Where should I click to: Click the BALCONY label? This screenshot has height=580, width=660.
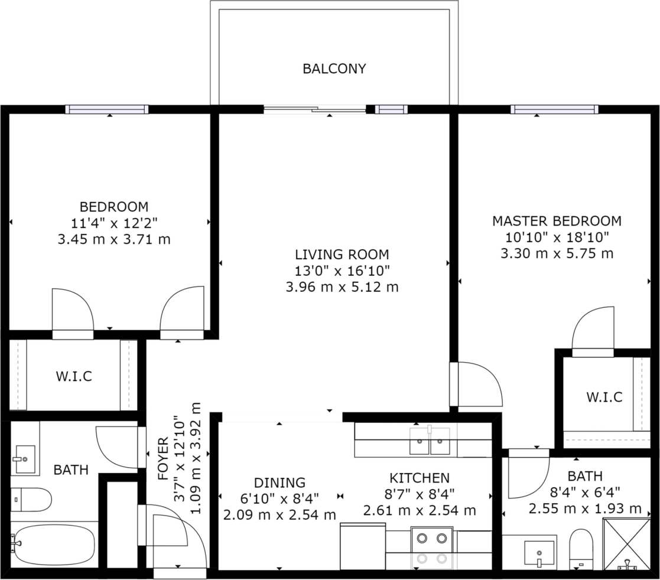(x=334, y=69)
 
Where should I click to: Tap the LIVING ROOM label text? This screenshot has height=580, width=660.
(x=342, y=255)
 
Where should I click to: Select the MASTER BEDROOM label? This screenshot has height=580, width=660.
(x=556, y=221)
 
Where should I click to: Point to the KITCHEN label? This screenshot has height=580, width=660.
(x=419, y=478)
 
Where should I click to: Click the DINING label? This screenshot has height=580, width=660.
(x=279, y=483)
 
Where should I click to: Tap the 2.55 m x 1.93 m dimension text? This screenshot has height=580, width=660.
(x=584, y=508)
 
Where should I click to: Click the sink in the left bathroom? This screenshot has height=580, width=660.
(x=24, y=458)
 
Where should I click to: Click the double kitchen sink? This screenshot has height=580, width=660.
(x=430, y=441)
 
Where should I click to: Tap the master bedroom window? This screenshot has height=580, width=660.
(x=554, y=109)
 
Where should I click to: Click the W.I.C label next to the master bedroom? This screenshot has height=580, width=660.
(x=604, y=397)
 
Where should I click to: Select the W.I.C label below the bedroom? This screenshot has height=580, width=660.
(x=74, y=376)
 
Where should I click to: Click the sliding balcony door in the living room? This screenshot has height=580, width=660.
(x=314, y=109)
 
